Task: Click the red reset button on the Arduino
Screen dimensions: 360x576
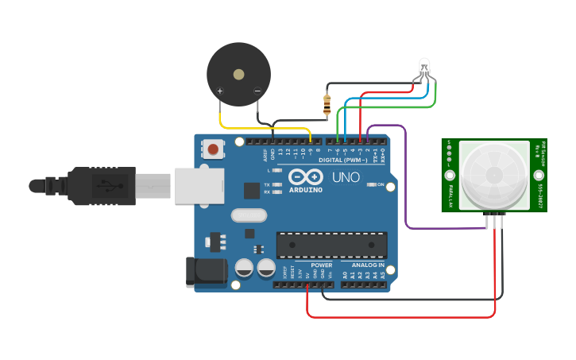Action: [213, 149]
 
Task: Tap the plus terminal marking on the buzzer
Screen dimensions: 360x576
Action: [220, 91]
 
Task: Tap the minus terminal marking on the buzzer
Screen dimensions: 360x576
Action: [257, 91]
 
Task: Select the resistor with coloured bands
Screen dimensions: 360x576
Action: [327, 103]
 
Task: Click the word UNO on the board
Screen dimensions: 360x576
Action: [346, 176]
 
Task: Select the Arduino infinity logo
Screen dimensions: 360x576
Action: [305, 176]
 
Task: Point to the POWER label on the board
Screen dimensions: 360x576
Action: [321, 265]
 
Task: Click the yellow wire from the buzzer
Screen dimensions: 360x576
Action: [262, 128]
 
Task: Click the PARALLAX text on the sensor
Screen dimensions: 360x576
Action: [450, 195]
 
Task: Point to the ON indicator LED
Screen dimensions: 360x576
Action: [372, 184]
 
